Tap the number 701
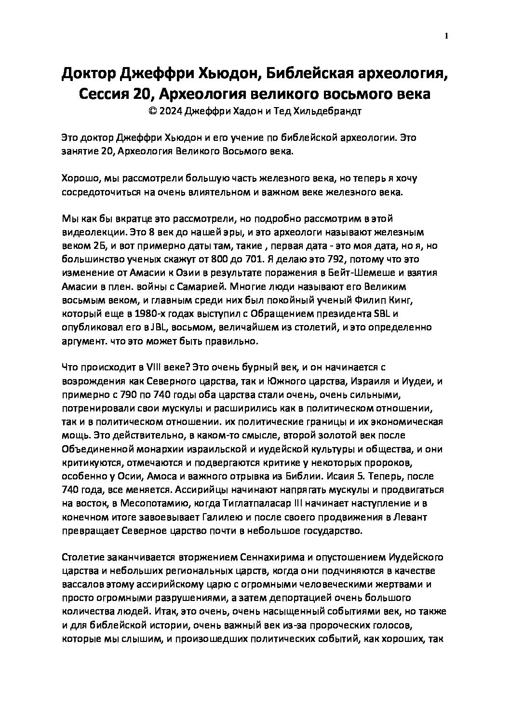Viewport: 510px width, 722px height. tap(251, 259)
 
